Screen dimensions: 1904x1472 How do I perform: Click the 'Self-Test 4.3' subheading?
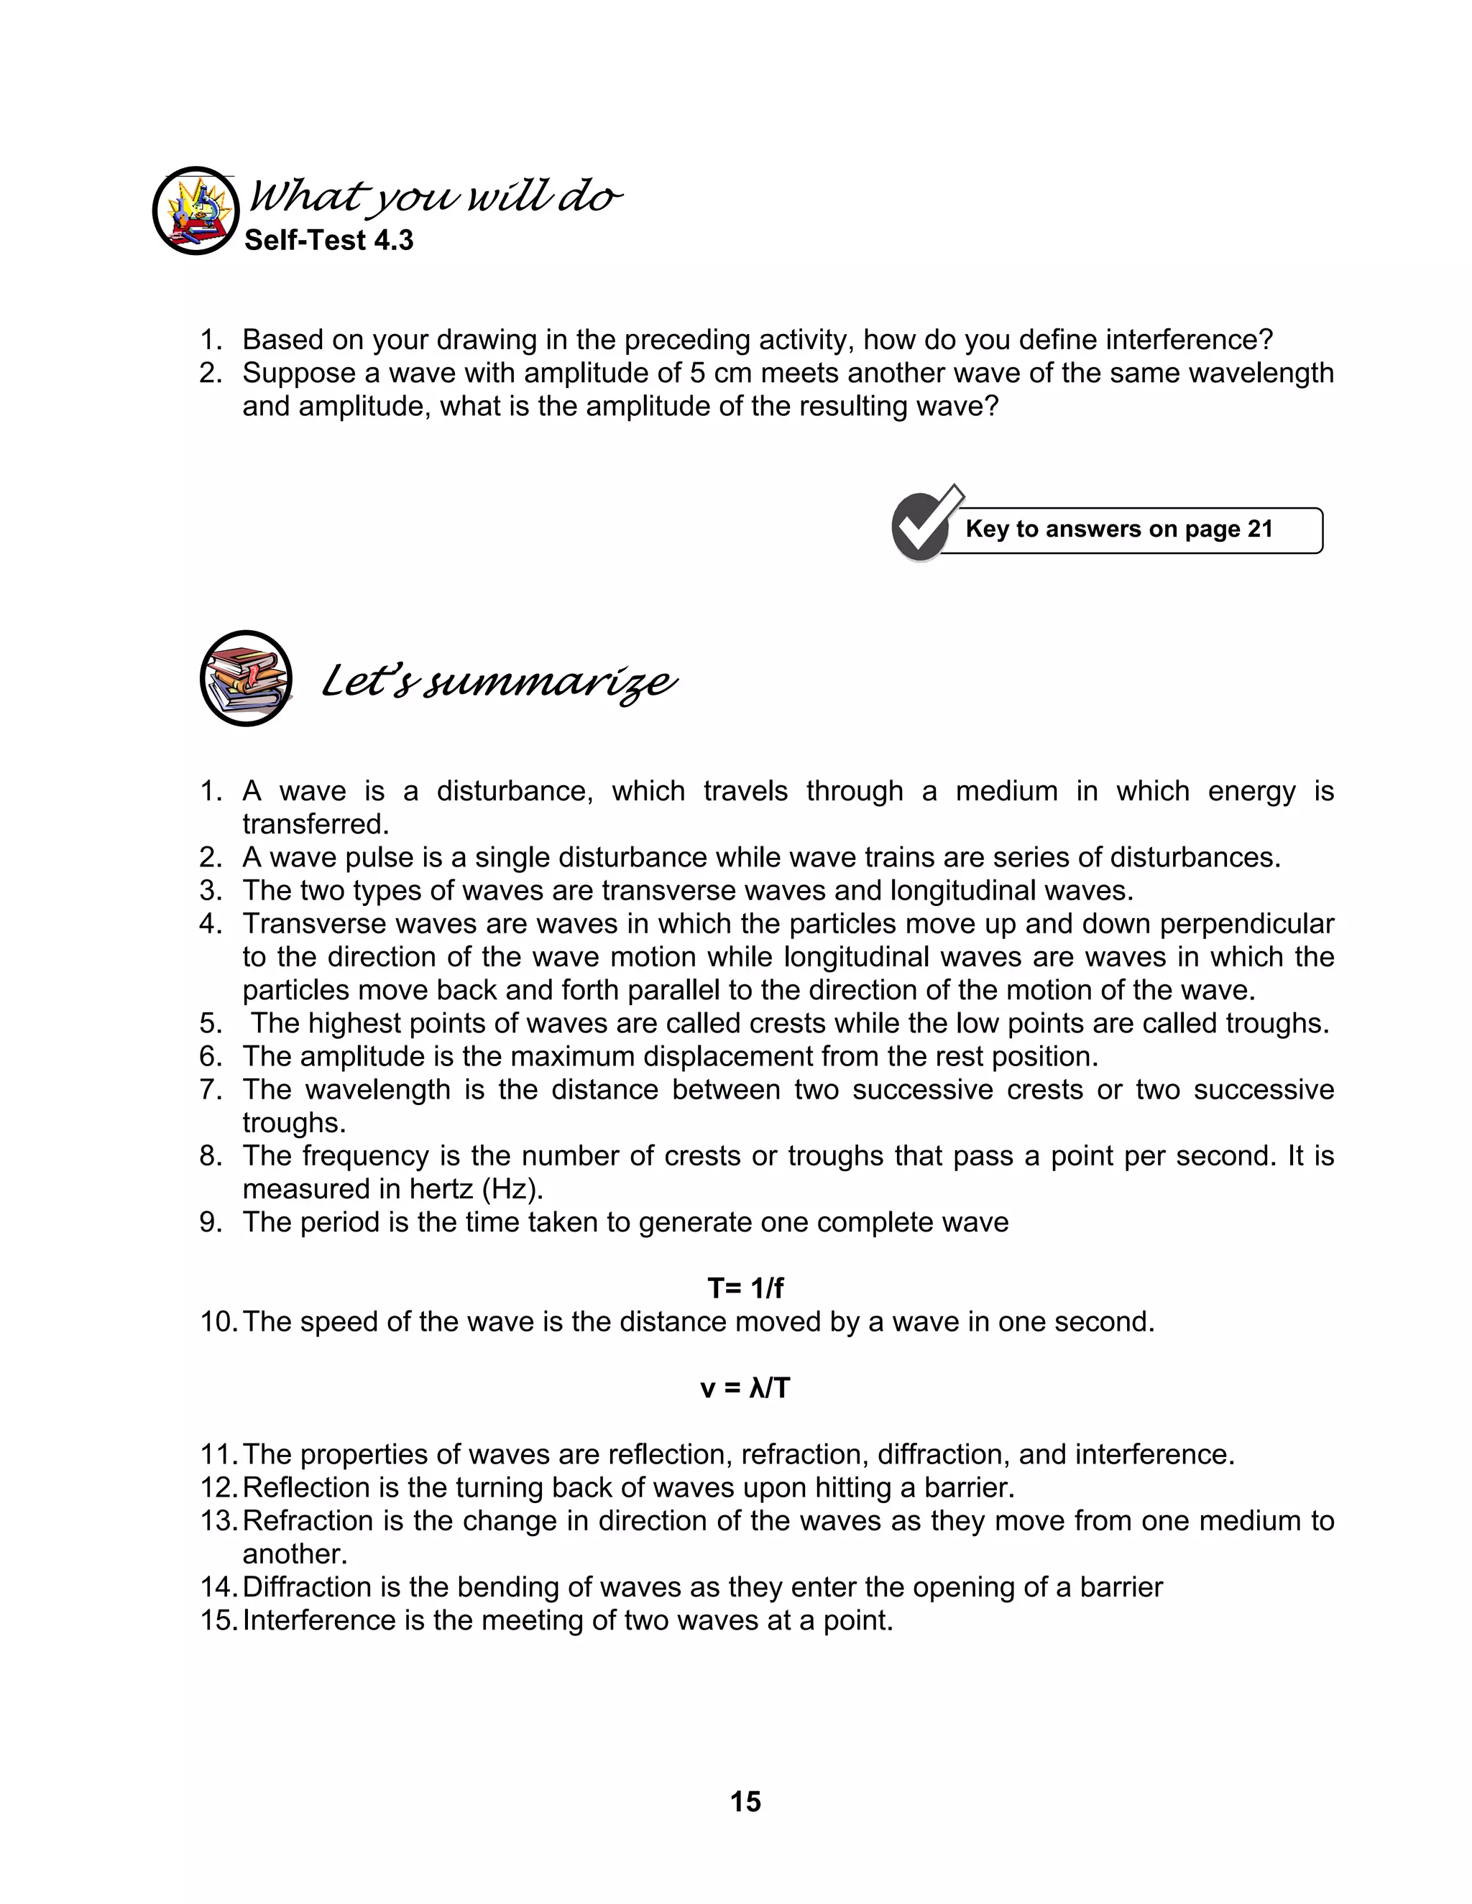[x=328, y=241]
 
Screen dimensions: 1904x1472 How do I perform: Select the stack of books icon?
[x=246, y=678]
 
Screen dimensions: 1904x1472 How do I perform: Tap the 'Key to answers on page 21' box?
[x=1120, y=530]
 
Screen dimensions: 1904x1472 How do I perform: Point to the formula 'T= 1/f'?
[x=745, y=1288]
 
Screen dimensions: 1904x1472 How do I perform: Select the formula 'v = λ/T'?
[x=745, y=1387]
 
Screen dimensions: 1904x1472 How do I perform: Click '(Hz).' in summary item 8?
[x=512, y=1189]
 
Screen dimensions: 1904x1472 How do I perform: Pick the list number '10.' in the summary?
[x=218, y=1321]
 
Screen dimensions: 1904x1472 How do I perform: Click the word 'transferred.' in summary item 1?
[x=316, y=825]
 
